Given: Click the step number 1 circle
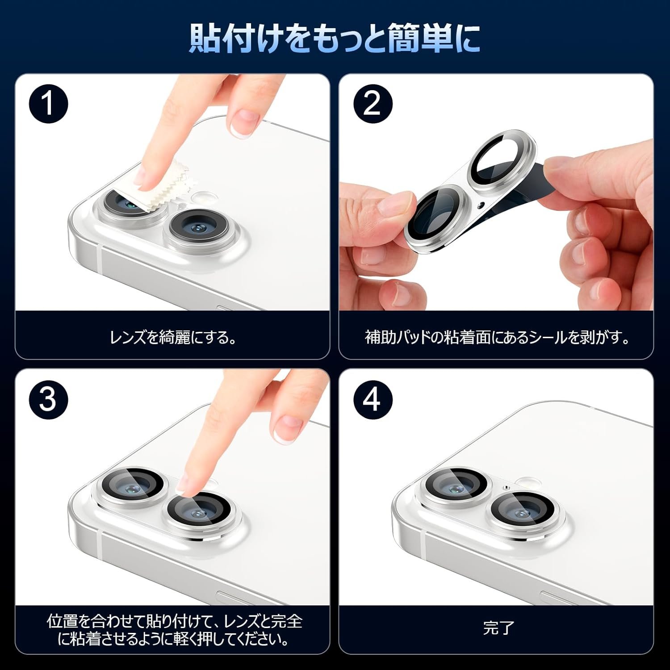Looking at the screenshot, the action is (48, 104).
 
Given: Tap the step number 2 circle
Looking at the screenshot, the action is (373, 104).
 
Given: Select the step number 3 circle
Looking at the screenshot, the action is (48, 399).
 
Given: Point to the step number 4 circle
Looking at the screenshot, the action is (373, 399).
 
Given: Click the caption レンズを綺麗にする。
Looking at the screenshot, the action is (173, 337).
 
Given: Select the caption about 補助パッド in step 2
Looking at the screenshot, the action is (497, 337).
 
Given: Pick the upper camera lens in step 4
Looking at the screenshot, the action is (456, 488).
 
